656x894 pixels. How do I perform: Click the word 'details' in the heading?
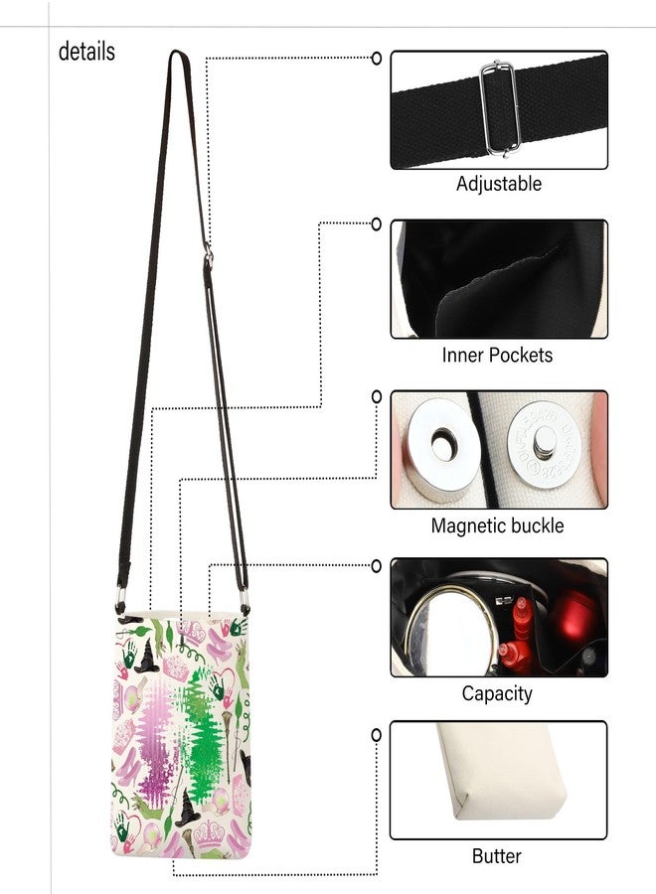[x=86, y=52]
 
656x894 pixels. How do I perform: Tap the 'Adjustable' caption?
[x=499, y=184]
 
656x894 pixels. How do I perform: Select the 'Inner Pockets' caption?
[x=497, y=355]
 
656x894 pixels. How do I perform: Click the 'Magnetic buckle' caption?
[x=497, y=525]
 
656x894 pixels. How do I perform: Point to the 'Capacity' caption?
[x=497, y=693]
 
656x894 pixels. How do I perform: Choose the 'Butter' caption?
[x=496, y=856]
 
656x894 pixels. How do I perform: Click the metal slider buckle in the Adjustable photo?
[x=500, y=109]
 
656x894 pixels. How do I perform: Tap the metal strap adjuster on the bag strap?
[x=209, y=255]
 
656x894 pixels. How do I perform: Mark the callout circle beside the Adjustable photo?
[x=377, y=59]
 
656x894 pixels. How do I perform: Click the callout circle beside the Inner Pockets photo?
[x=377, y=224]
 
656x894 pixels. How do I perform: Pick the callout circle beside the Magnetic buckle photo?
[x=377, y=396]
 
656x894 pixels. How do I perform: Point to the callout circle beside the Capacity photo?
[x=377, y=566]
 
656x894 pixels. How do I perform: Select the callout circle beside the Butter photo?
[x=377, y=735]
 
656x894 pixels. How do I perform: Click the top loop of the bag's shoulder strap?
[x=178, y=53]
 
